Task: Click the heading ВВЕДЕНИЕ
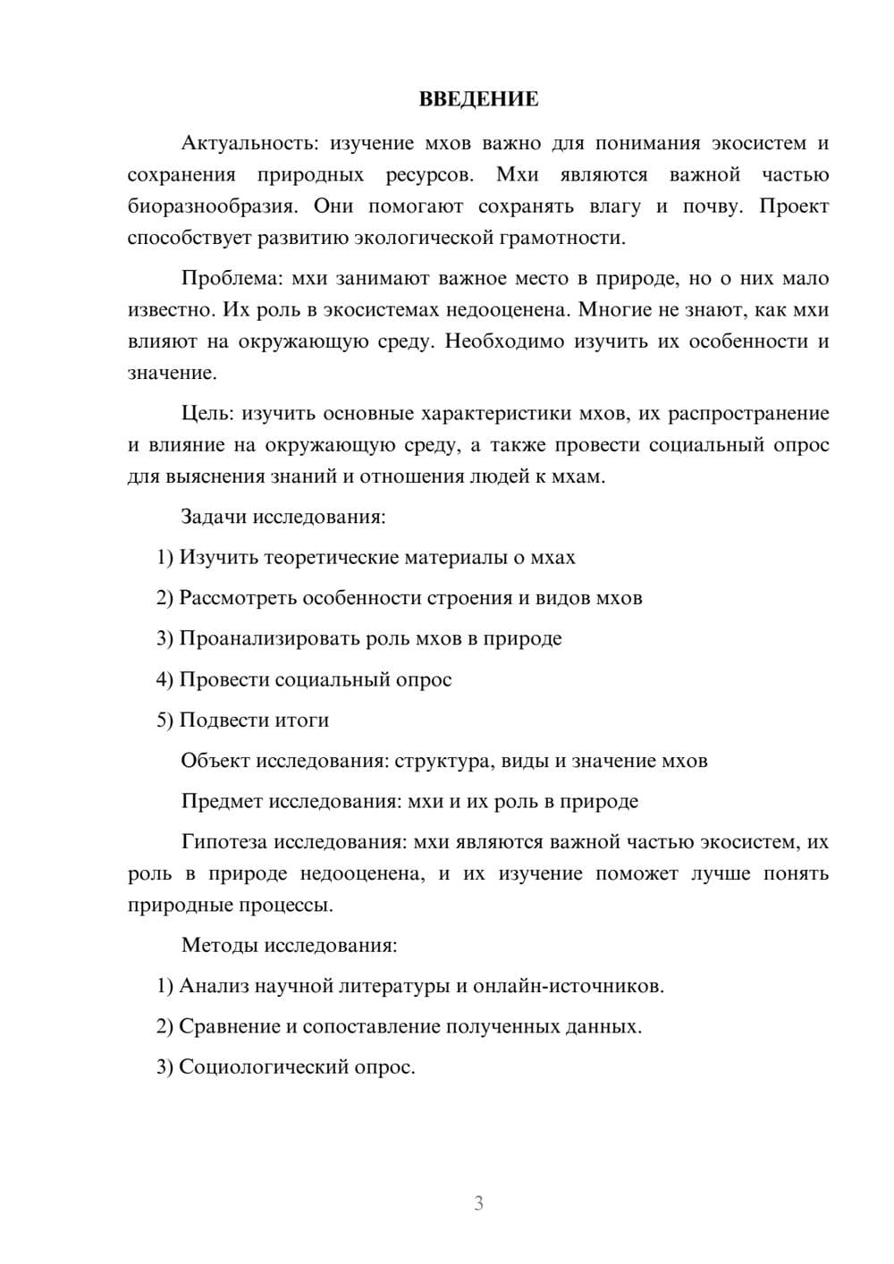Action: coord(478,100)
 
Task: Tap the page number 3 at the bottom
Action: coord(478,1203)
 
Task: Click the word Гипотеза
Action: coord(223,842)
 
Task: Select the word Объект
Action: coord(215,761)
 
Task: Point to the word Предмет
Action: coord(222,801)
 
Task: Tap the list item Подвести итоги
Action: coord(254,720)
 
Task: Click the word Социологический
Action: coord(260,1066)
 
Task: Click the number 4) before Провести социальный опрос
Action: coord(164,679)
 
